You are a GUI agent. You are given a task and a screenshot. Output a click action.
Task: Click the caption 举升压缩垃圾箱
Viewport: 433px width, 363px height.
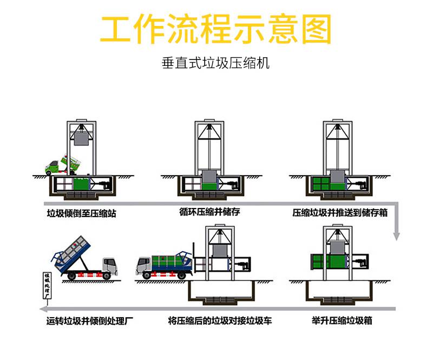point(342,320)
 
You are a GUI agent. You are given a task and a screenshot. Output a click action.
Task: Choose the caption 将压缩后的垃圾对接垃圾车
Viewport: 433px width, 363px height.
point(220,320)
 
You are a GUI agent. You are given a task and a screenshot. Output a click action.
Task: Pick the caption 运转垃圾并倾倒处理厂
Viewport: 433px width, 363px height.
point(90,321)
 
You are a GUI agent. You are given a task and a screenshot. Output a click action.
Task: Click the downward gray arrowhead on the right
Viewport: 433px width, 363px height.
point(396,236)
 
